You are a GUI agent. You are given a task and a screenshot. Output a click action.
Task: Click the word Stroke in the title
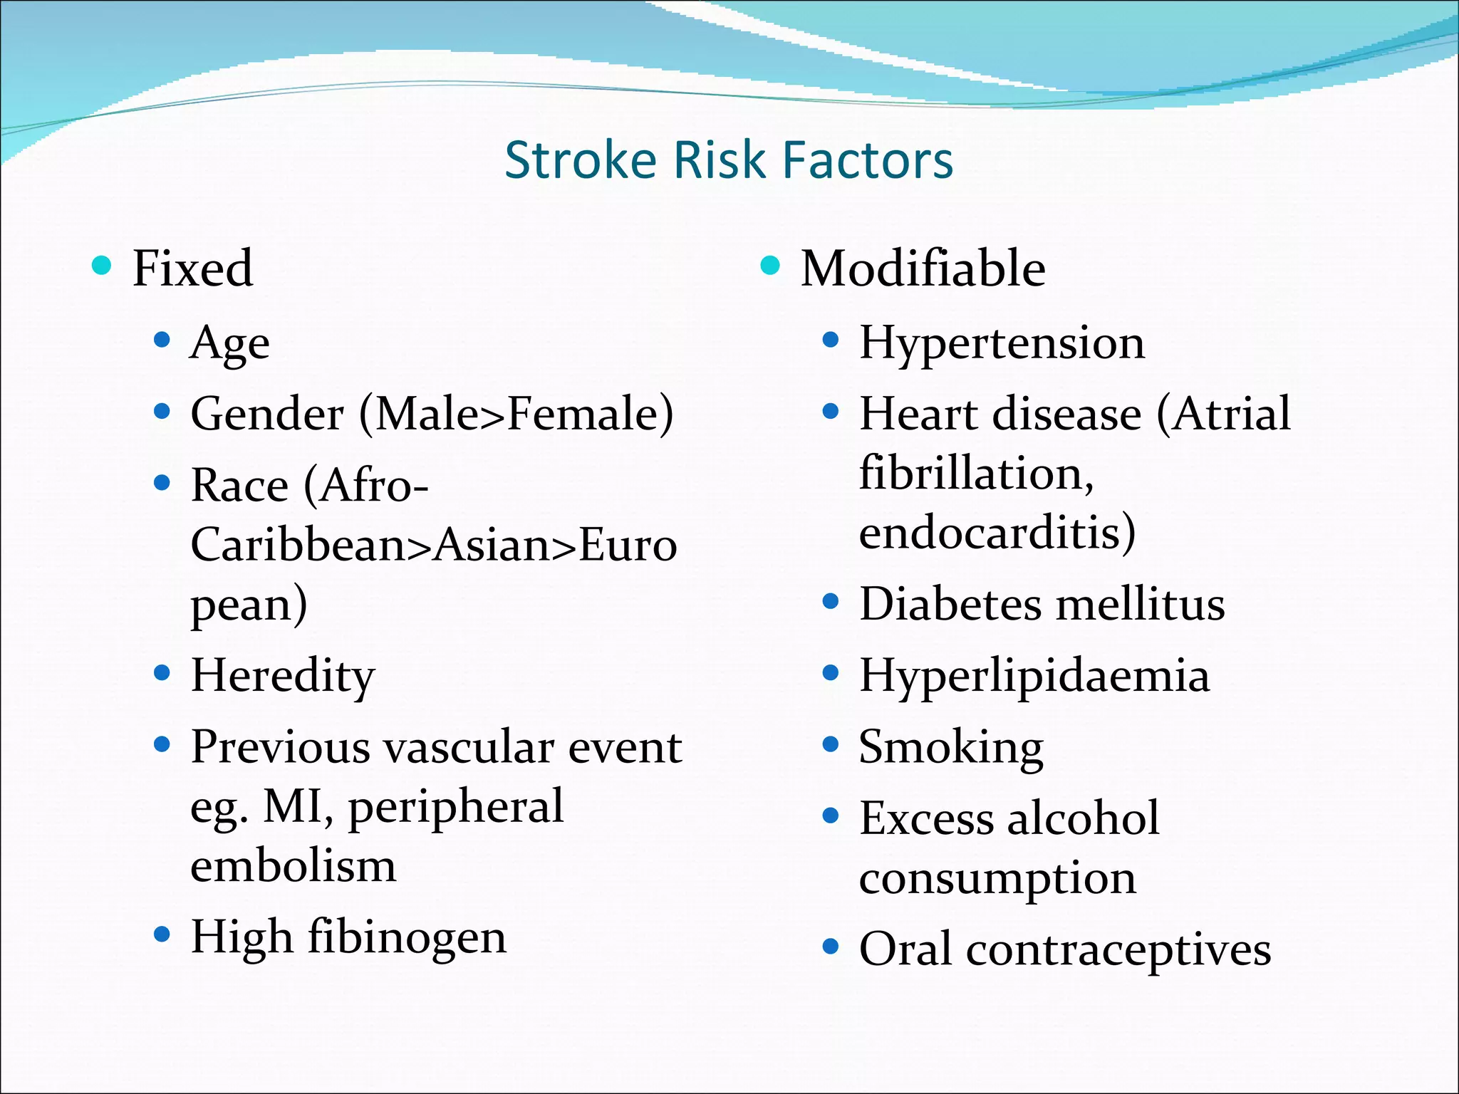(580, 160)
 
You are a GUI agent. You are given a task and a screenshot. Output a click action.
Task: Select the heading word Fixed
(192, 269)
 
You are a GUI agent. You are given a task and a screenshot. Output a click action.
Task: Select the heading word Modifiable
(923, 269)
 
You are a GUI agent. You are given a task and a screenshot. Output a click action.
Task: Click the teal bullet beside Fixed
(102, 266)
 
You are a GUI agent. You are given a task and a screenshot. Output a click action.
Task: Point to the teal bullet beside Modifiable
(770, 266)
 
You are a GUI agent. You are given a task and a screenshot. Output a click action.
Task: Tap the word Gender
(267, 414)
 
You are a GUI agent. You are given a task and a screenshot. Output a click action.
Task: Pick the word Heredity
(282, 676)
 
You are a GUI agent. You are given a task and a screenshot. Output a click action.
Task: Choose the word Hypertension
(1002, 343)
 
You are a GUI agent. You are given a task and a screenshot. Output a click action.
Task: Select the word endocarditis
(997, 533)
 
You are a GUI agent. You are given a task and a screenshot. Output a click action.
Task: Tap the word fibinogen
(407, 937)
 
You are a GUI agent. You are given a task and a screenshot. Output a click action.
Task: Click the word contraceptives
(1118, 950)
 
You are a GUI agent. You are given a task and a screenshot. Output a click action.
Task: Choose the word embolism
(293, 866)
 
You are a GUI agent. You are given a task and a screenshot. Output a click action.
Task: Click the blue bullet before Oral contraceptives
(830, 947)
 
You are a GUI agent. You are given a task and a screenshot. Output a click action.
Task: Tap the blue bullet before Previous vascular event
(162, 745)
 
